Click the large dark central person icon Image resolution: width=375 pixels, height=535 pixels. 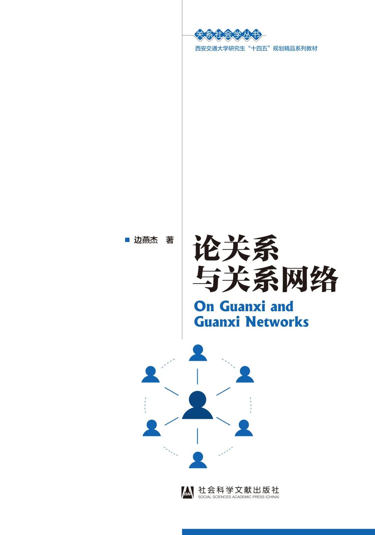(197, 405)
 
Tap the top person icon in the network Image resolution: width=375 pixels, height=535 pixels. (198, 352)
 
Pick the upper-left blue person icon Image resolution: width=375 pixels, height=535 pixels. (151, 374)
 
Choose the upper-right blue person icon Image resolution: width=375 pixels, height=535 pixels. (245, 374)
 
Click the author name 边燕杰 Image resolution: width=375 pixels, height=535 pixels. (146, 240)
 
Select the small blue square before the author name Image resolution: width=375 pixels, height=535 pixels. (127, 240)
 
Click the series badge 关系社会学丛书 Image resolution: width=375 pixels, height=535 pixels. (228, 35)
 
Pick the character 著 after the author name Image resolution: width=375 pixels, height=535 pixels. (169, 240)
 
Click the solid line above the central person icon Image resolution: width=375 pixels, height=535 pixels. (197, 376)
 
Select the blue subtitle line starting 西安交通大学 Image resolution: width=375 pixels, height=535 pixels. (256, 49)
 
